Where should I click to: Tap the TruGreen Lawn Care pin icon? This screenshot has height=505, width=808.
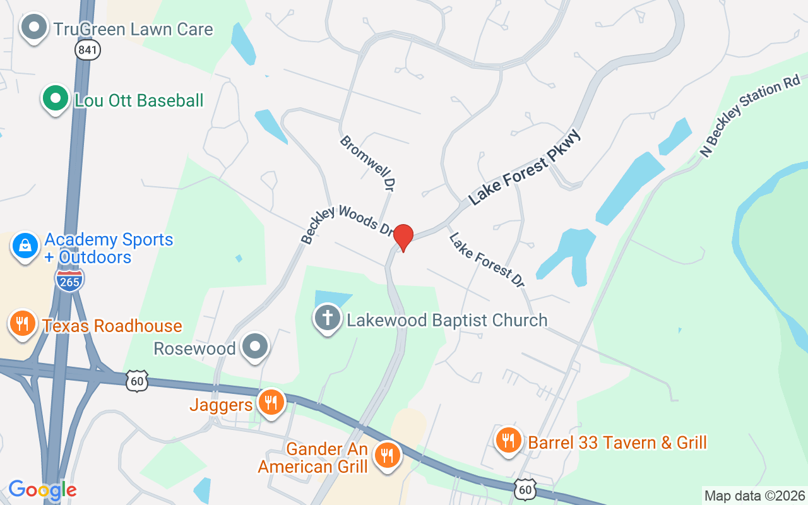coord(35,28)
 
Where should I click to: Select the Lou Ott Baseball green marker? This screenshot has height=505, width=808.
coord(56,99)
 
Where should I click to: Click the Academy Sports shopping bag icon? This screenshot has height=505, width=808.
coord(25,246)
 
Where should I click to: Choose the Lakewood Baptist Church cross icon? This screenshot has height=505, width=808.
coord(327,318)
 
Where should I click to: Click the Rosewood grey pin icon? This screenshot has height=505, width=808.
coord(256,347)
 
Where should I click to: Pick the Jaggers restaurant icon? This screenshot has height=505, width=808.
coord(271,401)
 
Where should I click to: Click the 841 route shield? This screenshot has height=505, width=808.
coord(87,50)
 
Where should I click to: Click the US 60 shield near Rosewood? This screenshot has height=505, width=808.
coord(137,381)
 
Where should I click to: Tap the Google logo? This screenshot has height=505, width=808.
coord(42,490)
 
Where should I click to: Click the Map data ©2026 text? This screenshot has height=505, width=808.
coord(755,496)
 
